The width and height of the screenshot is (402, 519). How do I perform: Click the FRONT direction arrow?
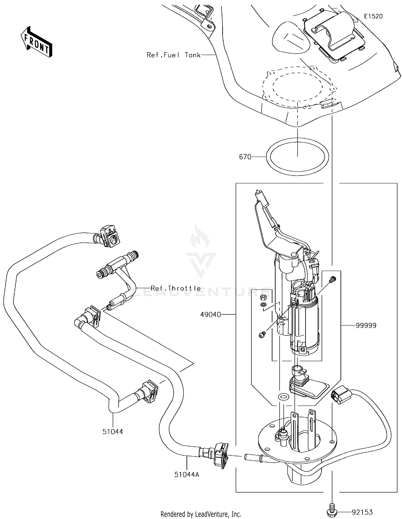pos(36,42)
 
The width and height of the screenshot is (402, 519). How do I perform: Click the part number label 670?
pos(245,157)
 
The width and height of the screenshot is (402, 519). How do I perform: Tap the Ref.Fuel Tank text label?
pos(173,55)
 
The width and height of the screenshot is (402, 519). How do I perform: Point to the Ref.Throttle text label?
pos(176,288)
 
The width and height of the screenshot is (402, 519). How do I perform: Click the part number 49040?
pos(210,315)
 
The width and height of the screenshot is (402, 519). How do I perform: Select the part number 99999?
pos(366,325)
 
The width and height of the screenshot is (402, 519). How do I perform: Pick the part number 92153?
pos(362,512)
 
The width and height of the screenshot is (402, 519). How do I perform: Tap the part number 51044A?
pos(187,475)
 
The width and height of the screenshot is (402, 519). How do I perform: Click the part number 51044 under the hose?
pos(113,431)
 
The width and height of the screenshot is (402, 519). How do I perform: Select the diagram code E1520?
pos(373,16)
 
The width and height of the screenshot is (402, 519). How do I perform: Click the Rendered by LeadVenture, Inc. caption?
pos(201,514)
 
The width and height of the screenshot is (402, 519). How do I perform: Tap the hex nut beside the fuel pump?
pos(263,297)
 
